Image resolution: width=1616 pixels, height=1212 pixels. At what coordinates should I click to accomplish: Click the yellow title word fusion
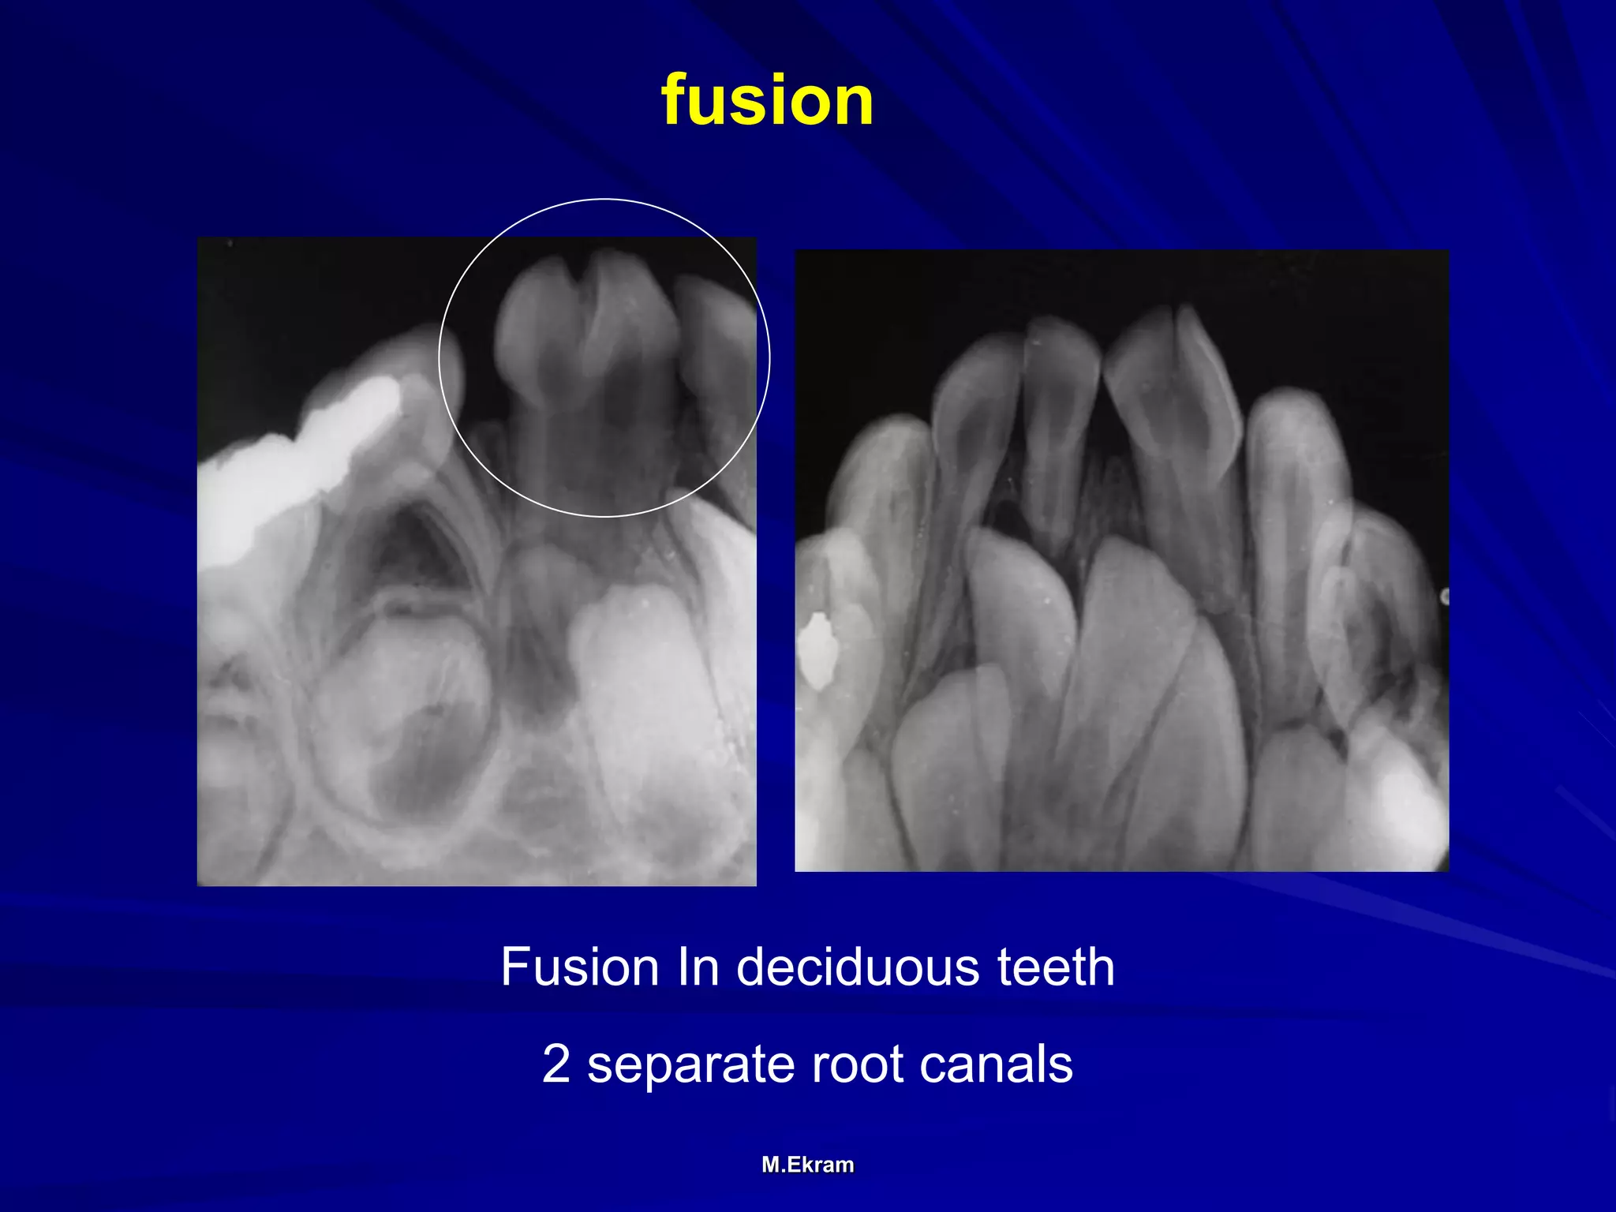(767, 100)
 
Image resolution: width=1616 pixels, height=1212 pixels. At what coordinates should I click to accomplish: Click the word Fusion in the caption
(579, 967)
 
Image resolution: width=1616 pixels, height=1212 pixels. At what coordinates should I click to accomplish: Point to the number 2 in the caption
(555, 1064)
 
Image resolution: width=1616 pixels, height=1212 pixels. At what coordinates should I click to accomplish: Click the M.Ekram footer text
(807, 1165)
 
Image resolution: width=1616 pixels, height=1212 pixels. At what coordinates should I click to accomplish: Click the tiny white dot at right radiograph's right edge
(1444, 597)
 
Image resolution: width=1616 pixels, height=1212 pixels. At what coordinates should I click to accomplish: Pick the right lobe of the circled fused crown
(635, 316)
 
